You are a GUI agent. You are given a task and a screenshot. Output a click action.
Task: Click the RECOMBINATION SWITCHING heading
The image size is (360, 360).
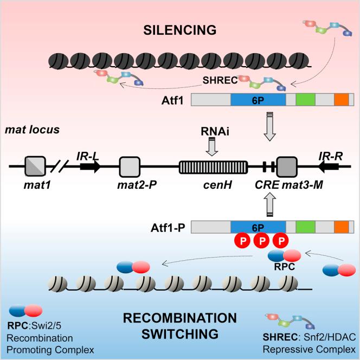179,324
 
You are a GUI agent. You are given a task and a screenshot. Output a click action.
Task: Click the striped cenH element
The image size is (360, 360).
213,166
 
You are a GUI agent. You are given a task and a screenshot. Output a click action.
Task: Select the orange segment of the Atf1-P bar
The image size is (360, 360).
341,227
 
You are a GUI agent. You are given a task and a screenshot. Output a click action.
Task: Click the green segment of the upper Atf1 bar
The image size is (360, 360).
305,100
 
